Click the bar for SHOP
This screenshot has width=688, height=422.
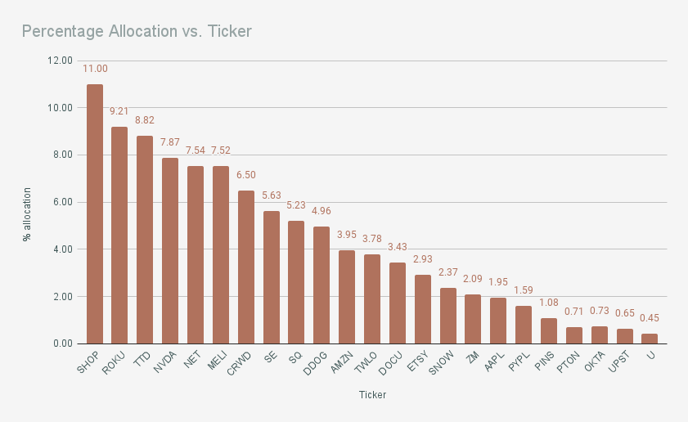tap(95, 214)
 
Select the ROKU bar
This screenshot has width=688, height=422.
tap(119, 236)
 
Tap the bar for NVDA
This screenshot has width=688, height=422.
tap(170, 251)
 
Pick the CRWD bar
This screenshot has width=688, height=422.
tap(246, 267)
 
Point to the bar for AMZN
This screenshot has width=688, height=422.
tap(347, 297)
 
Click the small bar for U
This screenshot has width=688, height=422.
tap(650, 339)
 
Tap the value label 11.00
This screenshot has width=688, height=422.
tap(95, 69)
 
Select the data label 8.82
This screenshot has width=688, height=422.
tap(145, 120)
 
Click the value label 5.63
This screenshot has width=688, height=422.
tap(272, 195)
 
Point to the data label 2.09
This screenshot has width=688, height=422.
tap(473, 279)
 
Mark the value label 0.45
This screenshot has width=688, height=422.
tap(650, 318)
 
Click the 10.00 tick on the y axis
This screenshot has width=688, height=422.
tap(61, 108)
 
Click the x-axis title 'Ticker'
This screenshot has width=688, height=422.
tap(372, 395)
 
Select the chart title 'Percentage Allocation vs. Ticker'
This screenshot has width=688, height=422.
tap(137, 31)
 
